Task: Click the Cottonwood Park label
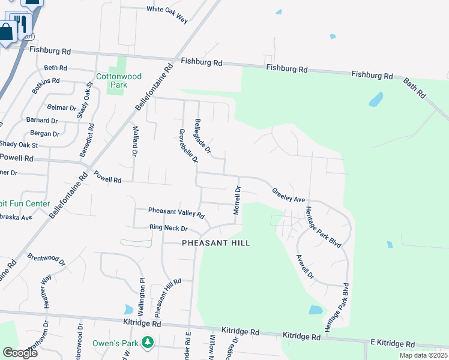119,80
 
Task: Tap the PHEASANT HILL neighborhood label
215,243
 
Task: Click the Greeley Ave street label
289,195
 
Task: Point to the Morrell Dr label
237,200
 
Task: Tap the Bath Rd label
414,88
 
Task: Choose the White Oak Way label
167,14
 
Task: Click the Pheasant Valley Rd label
176,213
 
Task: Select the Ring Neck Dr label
169,229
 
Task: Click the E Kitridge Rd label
393,344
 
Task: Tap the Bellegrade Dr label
202,137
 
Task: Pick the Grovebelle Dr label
188,146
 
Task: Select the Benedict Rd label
88,140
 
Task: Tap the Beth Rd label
55,68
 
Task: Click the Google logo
20,352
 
